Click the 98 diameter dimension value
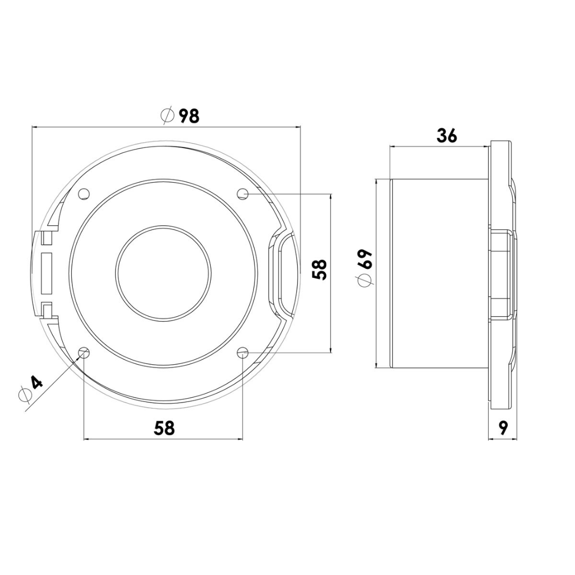click(188, 116)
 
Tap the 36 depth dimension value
click(447, 136)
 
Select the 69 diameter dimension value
click(365, 260)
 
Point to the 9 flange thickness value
click(503, 428)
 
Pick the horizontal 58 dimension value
click(164, 428)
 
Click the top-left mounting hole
click(84, 194)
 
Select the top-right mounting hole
click(242, 193)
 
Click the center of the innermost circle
click(163, 273)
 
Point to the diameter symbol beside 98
click(167, 116)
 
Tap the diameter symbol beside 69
click(365, 281)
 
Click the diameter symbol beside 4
click(24, 395)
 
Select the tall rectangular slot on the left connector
click(47, 273)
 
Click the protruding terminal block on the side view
click(502, 273)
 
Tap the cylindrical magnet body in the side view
click(439, 273)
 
